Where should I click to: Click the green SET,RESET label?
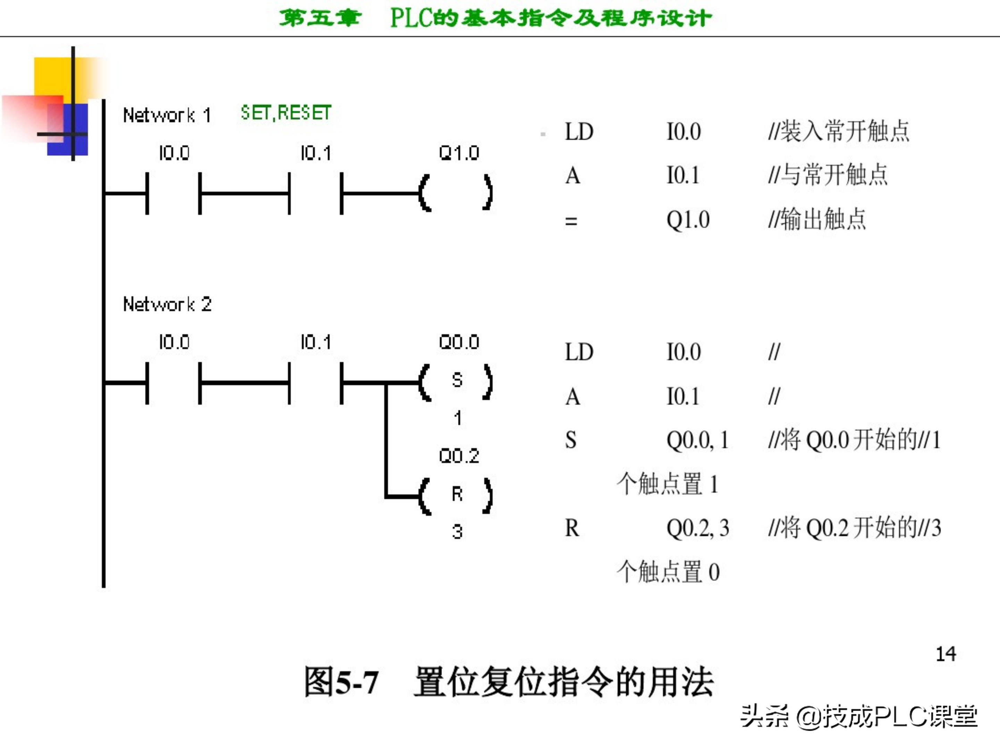[x=286, y=113]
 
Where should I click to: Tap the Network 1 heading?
[x=167, y=115]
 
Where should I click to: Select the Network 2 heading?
[x=167, y=304]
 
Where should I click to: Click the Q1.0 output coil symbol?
[x=456, y=193]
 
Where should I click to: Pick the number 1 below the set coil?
[x=458, y=418]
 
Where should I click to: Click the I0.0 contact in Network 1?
[x=174, y=193]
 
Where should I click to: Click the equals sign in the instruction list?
[x=571, y=222]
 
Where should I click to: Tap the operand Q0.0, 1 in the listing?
[x=698, y=440]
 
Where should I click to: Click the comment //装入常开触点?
[x=839, y=132]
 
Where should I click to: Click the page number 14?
[x=946, y=654]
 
